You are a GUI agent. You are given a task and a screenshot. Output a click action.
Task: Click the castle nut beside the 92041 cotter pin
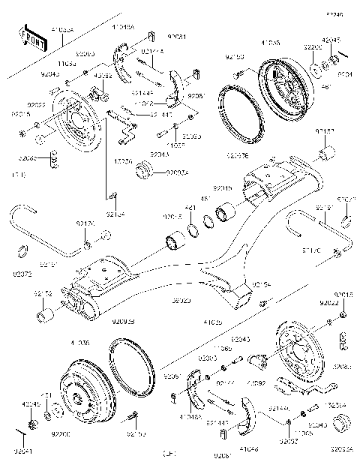(x=32, y=425)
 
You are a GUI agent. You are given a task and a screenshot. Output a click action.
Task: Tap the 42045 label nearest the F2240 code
(x=331, y=39)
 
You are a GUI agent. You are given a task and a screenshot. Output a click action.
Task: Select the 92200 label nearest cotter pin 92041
(x=62, y=434)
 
